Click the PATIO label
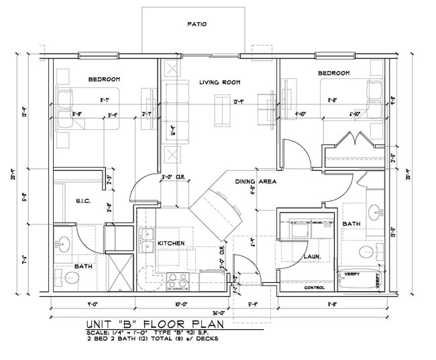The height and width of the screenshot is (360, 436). click(x=196, y=24)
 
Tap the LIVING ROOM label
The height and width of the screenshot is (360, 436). click(x=219, y=82)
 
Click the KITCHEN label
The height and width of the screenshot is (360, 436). click(x=171, y=243)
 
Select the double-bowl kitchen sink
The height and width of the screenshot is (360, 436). click(x=148, y=239)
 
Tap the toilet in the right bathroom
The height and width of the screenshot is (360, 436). click(x=367, y=252)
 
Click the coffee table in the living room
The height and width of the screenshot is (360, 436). click(x=220, y=110)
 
